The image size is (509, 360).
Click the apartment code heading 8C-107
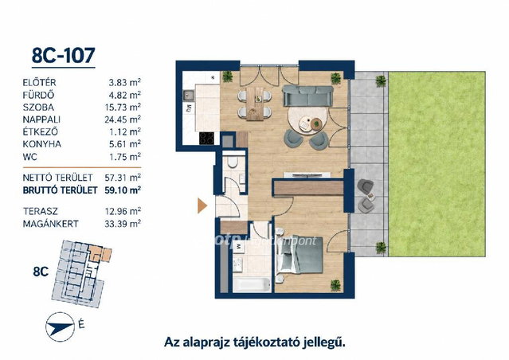(63, 56)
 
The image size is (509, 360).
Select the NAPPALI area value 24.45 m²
(123, 119)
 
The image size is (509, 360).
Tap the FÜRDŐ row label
(38, 95)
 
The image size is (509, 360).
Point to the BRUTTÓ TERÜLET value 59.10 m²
(123, 190)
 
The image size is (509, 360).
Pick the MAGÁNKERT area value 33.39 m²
(123, 224)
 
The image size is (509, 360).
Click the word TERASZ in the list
(41, 211)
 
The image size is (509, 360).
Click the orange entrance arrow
(202, 205)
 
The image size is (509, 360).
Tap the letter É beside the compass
(81, 324)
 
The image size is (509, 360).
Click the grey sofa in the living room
(307, 96)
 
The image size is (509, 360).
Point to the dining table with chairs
(255, 104)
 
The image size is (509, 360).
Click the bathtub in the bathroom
(252, 284)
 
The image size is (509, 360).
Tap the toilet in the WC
(233, 162)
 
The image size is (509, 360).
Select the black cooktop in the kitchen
(206, 139)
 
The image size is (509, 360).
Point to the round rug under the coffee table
(307, 120)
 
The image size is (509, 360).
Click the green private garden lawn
(437, 164)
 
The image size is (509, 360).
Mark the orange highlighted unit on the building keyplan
(100, 253)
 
